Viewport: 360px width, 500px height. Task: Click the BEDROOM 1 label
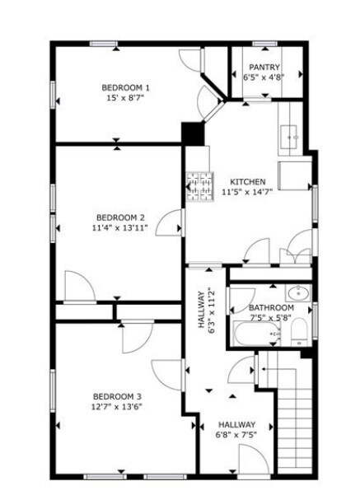click(125, 87)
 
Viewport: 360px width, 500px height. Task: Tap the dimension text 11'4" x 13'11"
click(120, 228)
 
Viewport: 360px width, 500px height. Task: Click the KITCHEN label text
click(247, 182)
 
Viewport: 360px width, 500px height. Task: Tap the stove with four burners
click(198, 186)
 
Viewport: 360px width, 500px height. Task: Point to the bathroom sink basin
click(298, 292)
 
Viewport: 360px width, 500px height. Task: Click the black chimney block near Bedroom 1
click(193, 133)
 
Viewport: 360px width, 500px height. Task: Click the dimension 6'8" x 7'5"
click(236, 435)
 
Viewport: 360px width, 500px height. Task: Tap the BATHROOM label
click(271, 307)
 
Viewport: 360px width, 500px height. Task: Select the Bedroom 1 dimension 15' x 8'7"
click(125, 98)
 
